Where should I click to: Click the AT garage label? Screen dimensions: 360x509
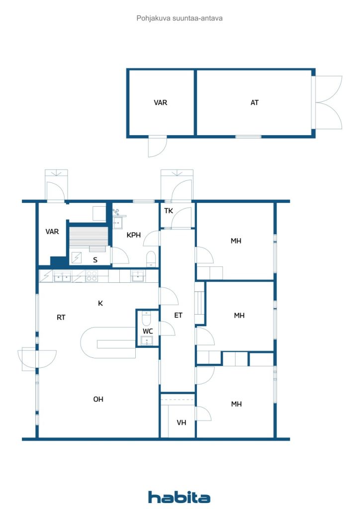(x=255, y=102)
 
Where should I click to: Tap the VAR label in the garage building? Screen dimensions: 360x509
(x=161, y=102)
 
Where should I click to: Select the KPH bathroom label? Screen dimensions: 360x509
(x=133, y=235)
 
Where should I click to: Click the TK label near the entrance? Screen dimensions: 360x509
(x=169, y=211)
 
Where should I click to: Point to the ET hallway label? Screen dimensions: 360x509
(x=178, y=315)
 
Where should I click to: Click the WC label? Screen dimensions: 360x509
(x=148, y=331)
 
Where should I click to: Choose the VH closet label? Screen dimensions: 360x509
(x=181, y=423)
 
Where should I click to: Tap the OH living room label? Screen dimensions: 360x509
(x=98, y=399)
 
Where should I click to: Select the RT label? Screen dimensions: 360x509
(x=61, y=317)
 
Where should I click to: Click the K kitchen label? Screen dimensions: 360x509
(x=100, y=303)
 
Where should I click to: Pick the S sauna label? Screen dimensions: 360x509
(x=95, y=259)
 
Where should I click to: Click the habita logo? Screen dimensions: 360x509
(x=179, y=497)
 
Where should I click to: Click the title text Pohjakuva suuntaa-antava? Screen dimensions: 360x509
(x=180, y=18)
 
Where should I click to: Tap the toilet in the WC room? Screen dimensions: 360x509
(x=146, y=319)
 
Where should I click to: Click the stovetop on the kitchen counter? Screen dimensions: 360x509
(x=91, y=276)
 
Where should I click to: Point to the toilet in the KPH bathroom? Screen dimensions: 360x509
(x=151, y=258)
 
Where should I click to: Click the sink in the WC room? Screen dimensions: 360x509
(x=147, y=340)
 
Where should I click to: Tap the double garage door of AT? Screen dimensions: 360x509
(x=327, y=102)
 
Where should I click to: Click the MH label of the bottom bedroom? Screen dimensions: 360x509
(x=236, y=404)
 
